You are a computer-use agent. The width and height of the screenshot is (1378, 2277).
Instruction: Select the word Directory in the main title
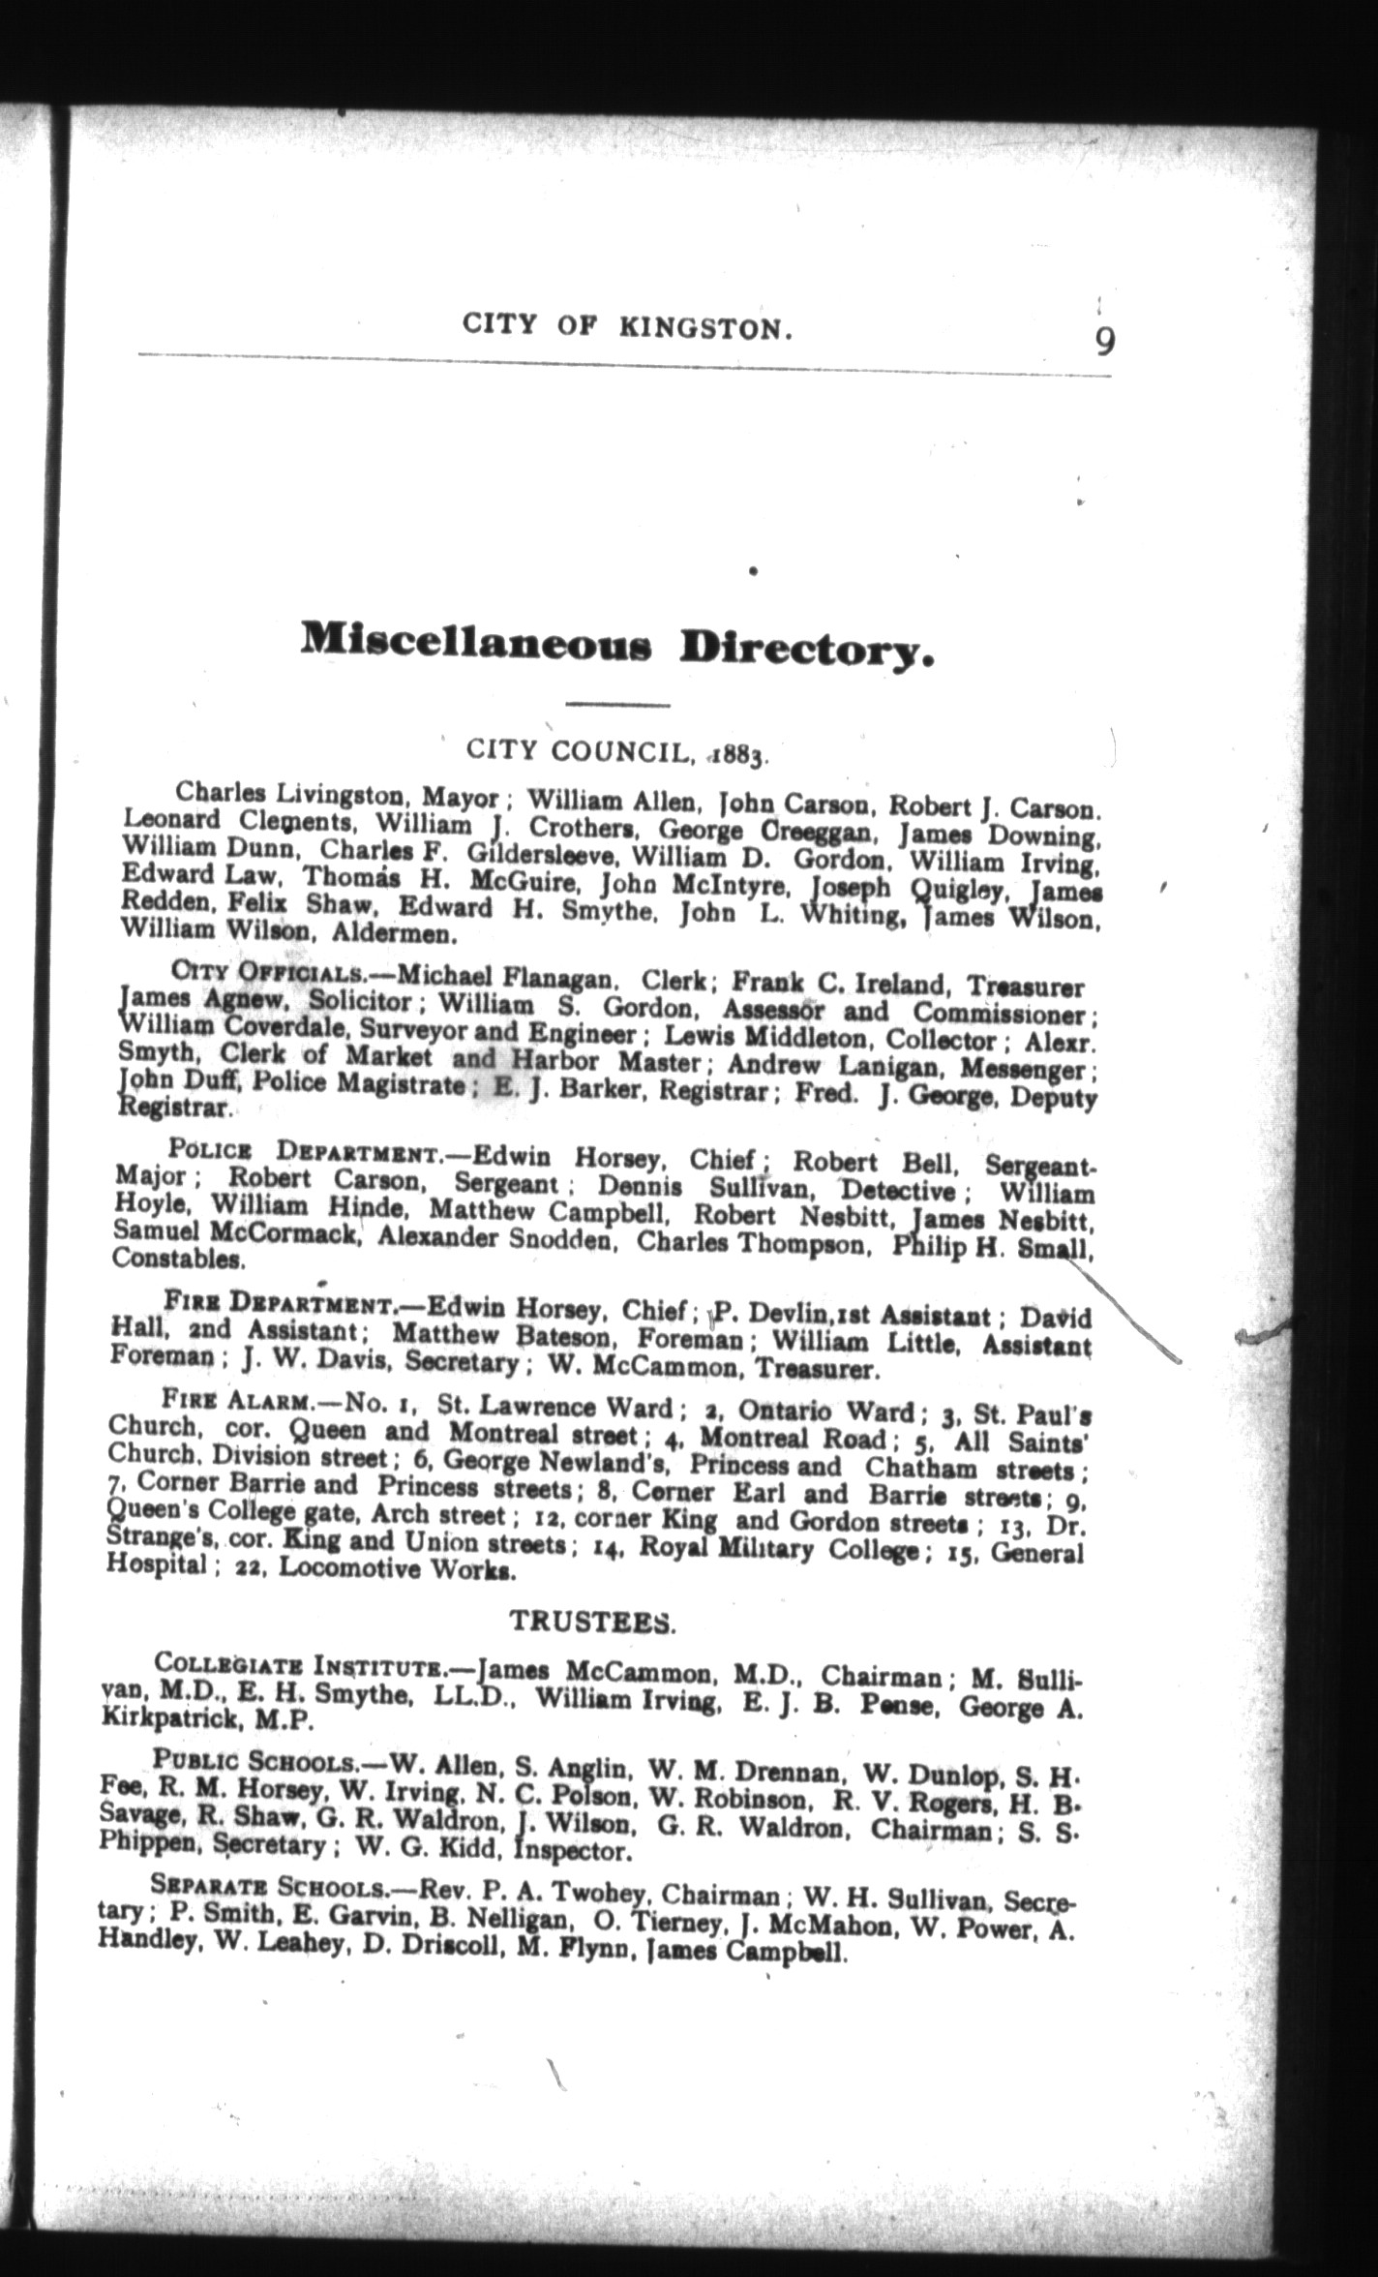[x=807, y=651]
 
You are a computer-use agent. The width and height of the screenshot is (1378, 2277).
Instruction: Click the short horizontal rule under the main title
[x=618, y=704]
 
